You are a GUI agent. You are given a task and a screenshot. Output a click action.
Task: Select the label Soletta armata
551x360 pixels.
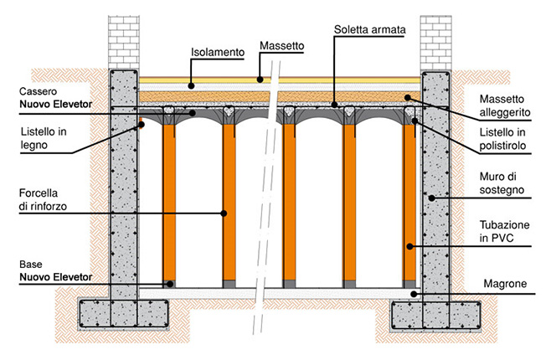coord(370,29)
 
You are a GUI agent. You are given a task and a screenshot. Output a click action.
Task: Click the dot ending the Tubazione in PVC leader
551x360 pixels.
coord(409,247)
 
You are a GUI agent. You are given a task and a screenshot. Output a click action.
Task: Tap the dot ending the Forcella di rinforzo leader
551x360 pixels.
coord(224,213)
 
